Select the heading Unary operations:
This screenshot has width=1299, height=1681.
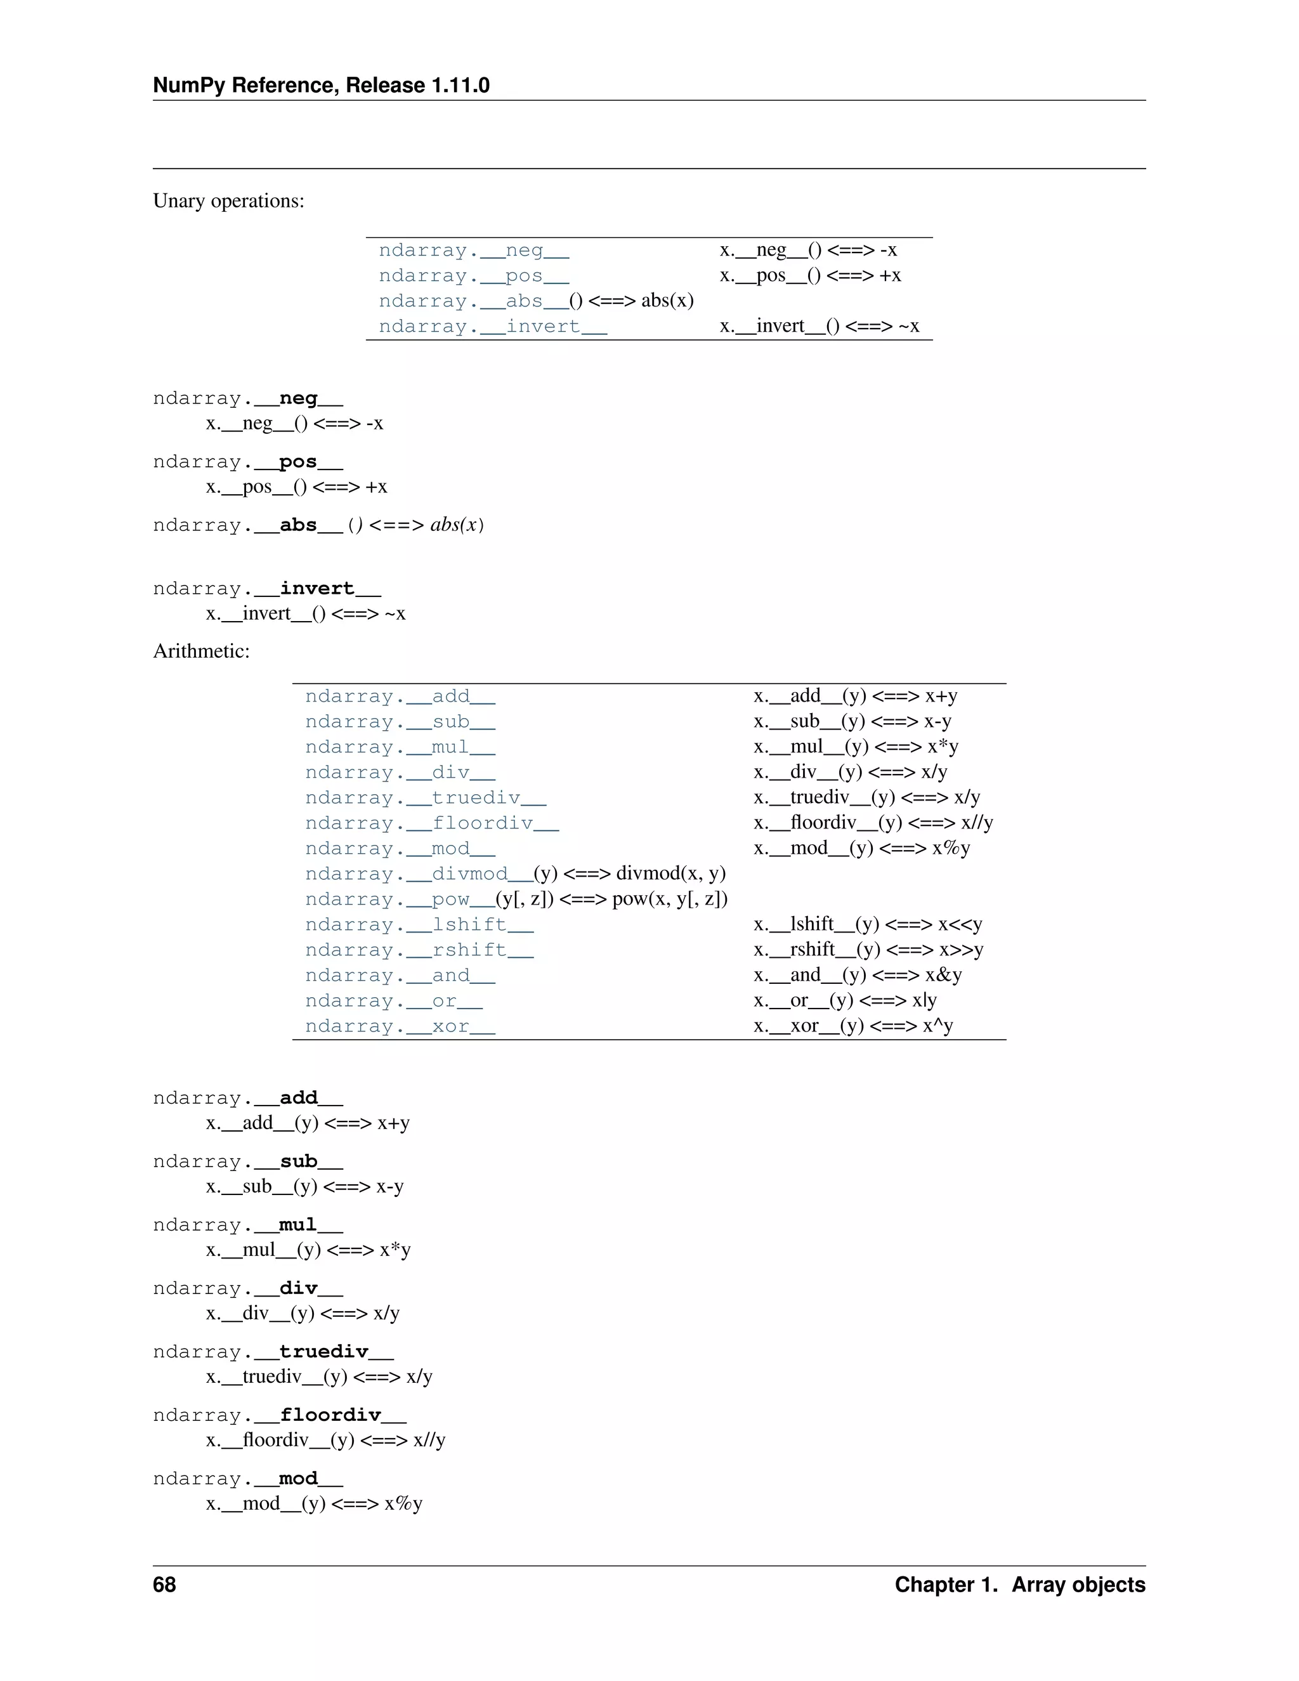click(228, 201)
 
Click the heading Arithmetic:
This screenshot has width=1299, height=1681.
click(201, 651)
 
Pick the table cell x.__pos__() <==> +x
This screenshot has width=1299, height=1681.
click(811, 275)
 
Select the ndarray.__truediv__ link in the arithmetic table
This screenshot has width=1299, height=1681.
click(426, 797)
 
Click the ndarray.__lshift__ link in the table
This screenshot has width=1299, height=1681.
click(419, 924)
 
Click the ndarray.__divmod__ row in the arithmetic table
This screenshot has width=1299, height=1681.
click(515, 873)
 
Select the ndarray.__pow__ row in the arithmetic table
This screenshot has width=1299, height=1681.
click(516, 899)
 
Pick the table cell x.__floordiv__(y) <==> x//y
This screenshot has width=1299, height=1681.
click(873, 823)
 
